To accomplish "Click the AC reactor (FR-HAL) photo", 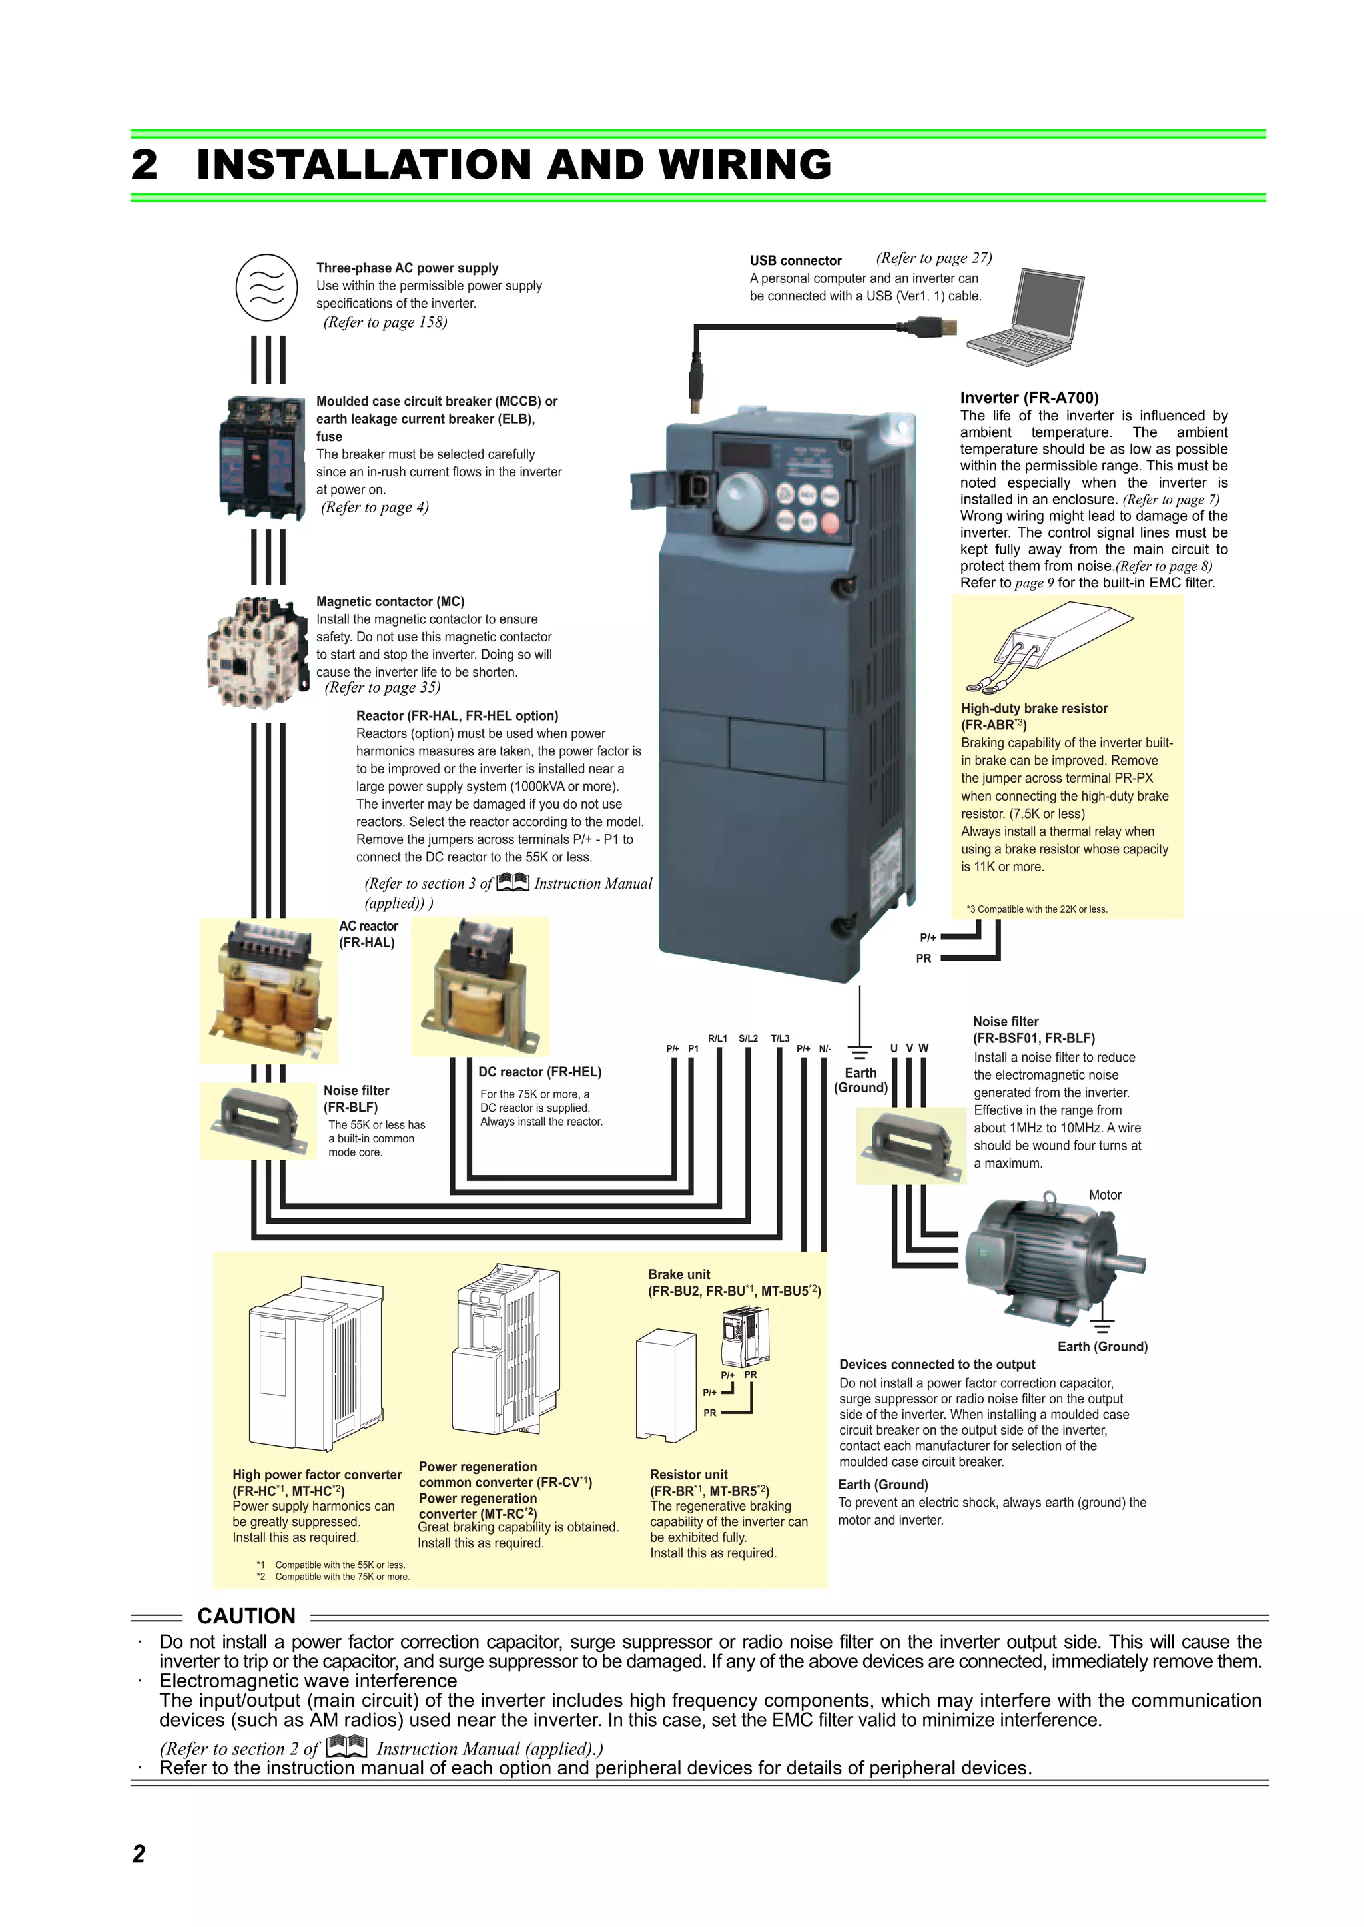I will (268, 990).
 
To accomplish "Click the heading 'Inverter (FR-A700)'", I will (1029, 398).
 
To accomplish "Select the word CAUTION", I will (246, 1616).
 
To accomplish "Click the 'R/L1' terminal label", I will (717, 1039).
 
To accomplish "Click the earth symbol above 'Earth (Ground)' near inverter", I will (859, 1052).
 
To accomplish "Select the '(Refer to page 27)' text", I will (933, 258).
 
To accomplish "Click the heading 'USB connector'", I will (795, 261).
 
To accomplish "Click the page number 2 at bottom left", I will (139, 1854).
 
